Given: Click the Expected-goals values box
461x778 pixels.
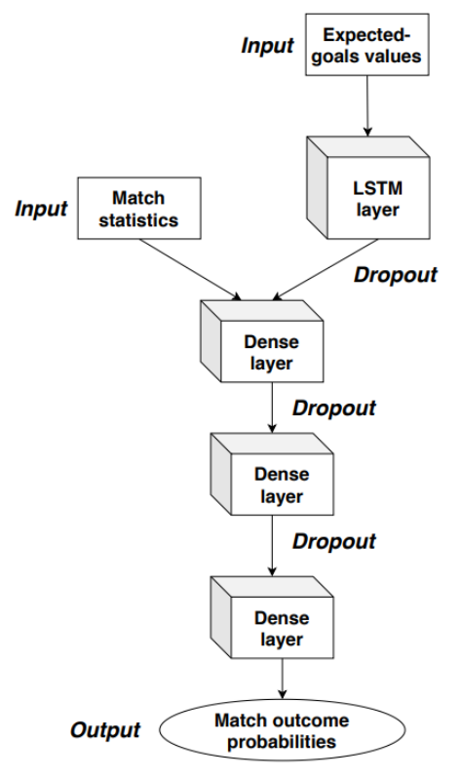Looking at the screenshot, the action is (366, 45).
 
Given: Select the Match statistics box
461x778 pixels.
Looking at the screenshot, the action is (139, 209).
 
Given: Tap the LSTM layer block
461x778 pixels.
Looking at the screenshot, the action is (368, 188).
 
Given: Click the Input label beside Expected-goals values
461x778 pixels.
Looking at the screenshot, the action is (267, 45).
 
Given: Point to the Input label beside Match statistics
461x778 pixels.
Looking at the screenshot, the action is (41, 209).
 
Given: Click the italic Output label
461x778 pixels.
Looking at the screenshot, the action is (105, 730).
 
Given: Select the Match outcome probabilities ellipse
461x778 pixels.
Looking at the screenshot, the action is (282, 731).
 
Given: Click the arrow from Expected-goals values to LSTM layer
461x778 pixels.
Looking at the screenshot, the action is (367, 106).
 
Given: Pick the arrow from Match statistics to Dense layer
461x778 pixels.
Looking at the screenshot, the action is (191, 270).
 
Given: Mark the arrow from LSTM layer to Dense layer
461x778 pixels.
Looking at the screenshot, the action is (325, 270).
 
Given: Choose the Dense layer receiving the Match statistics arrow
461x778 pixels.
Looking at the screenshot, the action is (262, 341).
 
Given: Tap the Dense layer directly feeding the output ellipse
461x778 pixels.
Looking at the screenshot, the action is (272, 617).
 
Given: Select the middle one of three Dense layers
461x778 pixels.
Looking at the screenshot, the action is (272, 474).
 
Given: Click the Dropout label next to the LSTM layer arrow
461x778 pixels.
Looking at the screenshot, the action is (396, 274).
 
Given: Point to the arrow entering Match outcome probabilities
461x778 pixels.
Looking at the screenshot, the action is (283, 679).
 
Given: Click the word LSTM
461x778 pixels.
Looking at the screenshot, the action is (377, 188).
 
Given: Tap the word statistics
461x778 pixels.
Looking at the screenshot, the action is (138, 219).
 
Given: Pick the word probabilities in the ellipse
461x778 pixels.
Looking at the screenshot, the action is (282, 742).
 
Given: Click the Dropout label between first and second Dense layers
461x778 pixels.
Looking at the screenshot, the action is (334, 408).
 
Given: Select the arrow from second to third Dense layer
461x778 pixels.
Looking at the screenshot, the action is (272, 546).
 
